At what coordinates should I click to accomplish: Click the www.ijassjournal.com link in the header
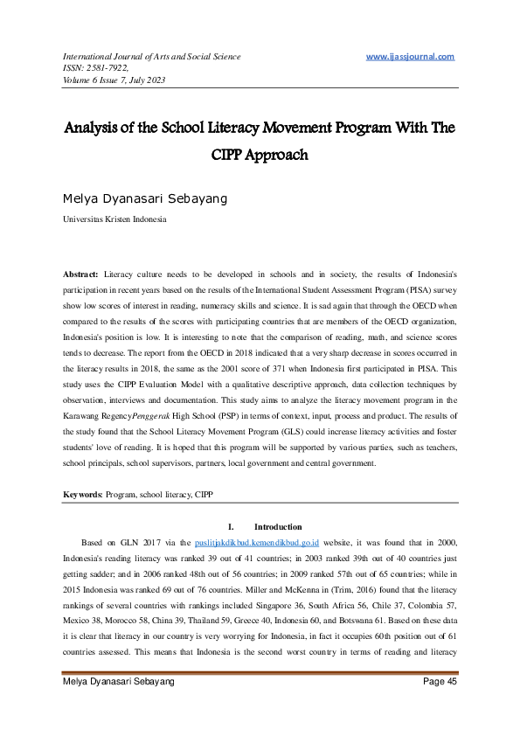tap(410, 57)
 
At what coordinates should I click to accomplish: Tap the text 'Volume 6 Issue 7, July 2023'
tap(114, 80)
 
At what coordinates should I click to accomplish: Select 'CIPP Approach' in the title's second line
tap(259, 156)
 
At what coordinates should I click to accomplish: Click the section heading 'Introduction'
tap(278, 527)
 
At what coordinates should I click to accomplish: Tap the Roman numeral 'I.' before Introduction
tap(231, 527)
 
